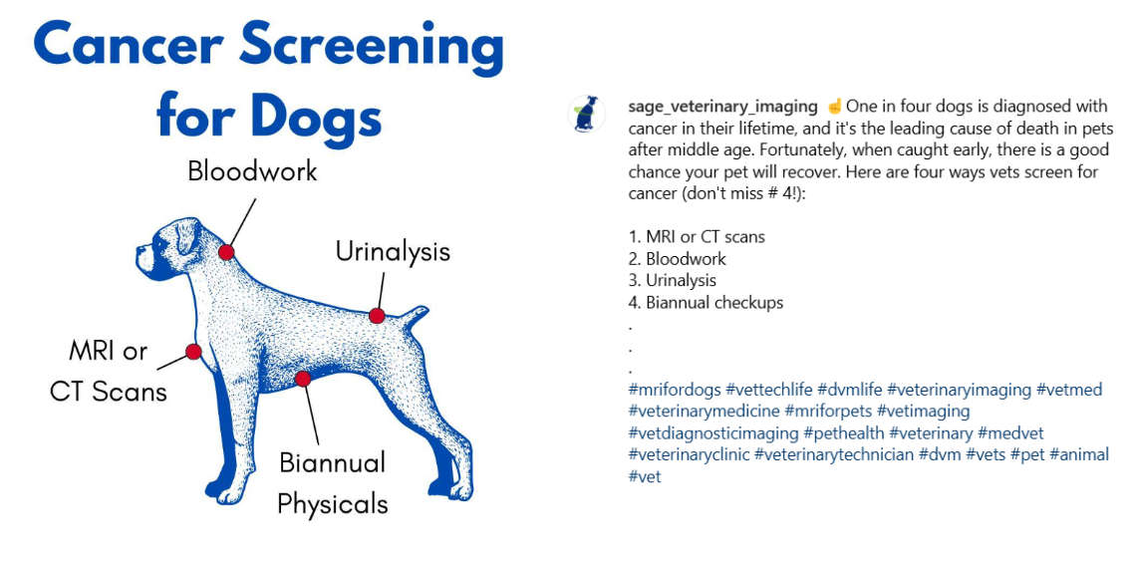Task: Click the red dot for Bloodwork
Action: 226,252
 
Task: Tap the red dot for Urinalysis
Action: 377,316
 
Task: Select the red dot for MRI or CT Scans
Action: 194,352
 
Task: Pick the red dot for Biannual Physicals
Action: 303,379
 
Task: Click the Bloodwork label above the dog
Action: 252,171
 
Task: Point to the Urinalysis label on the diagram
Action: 393,251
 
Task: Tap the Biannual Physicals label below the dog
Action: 332,483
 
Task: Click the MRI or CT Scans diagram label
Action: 109,370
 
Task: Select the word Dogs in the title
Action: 316,116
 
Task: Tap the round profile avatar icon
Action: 587,115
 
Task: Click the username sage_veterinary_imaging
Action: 722,107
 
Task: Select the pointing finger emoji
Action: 834,107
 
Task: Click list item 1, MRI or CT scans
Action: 697,237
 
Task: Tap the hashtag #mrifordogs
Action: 675,390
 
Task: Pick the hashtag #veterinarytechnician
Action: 833,454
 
